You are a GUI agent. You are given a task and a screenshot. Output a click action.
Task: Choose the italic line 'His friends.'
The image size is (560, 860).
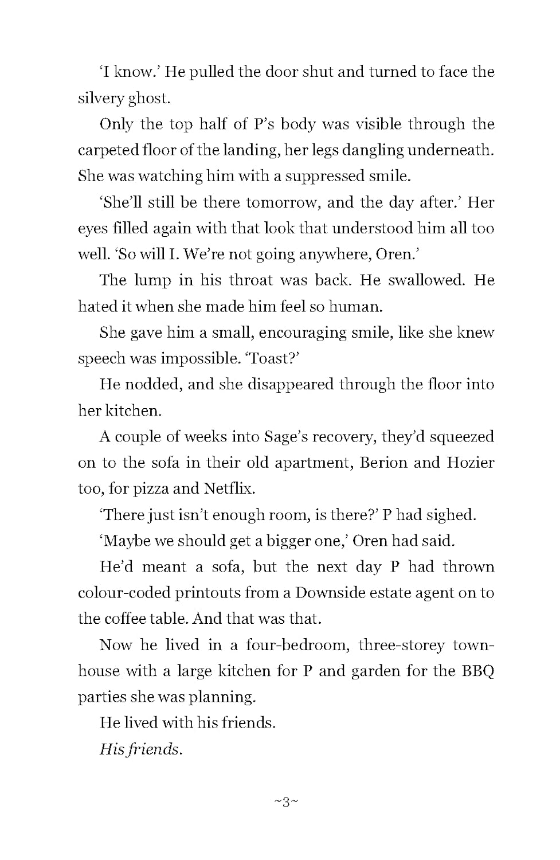point(141,749)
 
